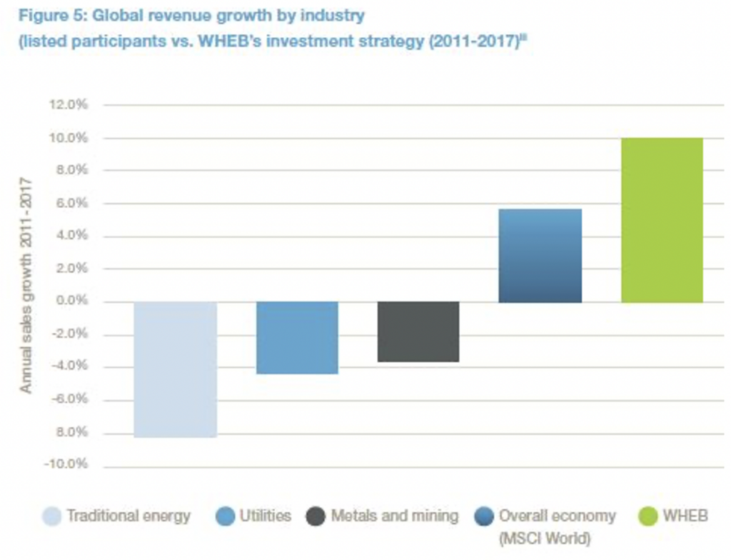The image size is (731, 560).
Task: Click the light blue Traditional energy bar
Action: [175, 369]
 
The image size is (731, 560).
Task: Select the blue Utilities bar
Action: [297, 337]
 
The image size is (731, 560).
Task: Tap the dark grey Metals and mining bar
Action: [418, 331]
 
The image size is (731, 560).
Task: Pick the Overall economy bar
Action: [540, 255]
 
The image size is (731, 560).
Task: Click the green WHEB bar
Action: [662, 219]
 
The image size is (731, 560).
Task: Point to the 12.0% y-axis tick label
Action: [69, 105]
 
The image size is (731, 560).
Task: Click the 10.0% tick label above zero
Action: [69, 138]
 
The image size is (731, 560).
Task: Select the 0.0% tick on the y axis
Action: [71, 301]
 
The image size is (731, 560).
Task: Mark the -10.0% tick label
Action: [66, 465]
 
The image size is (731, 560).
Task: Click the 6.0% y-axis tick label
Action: [71, 204]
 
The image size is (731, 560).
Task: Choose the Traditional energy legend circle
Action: [51, 516]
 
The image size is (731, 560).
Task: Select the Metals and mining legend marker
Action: [315, 516]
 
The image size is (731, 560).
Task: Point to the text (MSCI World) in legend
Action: [545, 537]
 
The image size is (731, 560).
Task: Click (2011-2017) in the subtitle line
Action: [468, 41]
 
